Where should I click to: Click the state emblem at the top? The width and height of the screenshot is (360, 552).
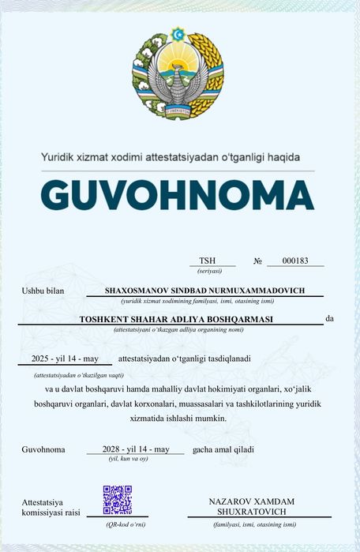178,73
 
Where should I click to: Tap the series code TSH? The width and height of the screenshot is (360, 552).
207,261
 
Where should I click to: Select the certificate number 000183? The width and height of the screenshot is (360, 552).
294,261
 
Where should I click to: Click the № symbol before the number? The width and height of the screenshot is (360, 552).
257,261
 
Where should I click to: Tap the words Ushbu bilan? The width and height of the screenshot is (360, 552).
43,291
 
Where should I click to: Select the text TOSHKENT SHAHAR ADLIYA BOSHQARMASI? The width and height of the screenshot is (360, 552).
176,319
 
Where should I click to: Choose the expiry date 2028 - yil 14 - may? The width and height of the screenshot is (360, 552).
137,449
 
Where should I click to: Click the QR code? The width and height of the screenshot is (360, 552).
117,500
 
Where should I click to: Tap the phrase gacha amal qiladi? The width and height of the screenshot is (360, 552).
222,449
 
